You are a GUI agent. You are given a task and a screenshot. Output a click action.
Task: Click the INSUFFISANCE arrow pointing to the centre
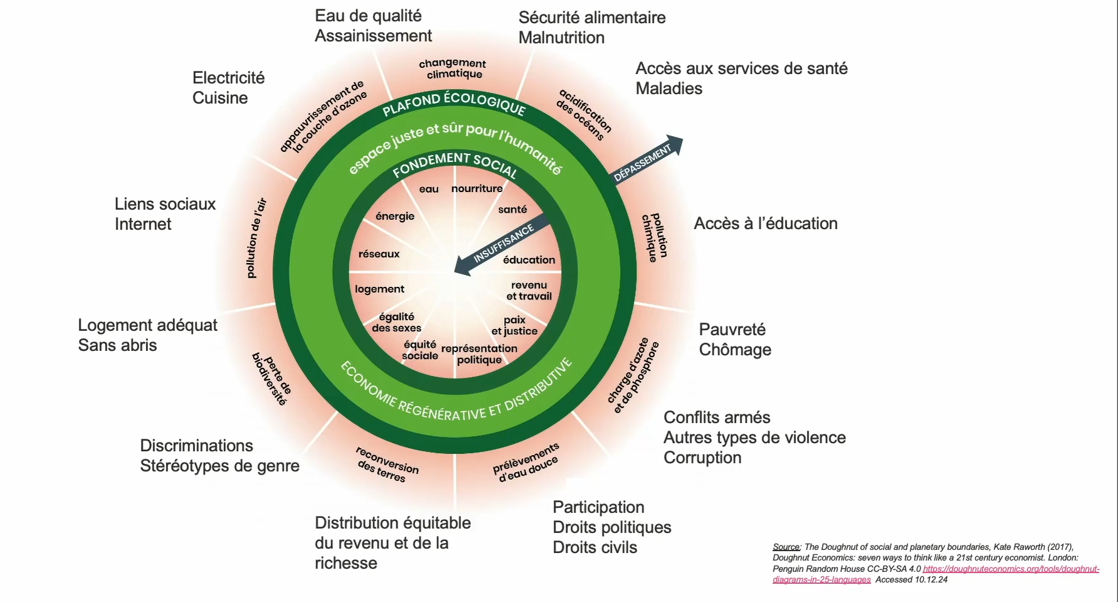tap(502, 245)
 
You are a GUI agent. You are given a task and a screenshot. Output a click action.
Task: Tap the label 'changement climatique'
tap(453, 68)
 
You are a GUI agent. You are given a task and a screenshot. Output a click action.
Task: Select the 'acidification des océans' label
tap(583, 115)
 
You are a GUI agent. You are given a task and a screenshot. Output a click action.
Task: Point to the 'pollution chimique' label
tap(655, 237)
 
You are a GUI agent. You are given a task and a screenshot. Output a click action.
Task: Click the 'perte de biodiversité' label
tap(272, 378)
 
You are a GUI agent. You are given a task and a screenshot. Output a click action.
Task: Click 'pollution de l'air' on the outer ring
tap(256, 239)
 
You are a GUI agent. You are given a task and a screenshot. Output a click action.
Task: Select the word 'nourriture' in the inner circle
tap(477, 188)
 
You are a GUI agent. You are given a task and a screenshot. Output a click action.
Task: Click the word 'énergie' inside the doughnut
tap(394, 216)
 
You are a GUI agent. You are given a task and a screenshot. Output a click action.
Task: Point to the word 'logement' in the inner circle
tap(379, 289)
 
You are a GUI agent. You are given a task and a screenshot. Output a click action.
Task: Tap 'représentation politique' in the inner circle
tap(479, 354)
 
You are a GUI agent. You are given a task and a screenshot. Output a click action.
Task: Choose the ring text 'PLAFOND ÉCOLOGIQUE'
tap(454, 103)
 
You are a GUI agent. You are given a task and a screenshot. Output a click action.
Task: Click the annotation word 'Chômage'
tap(735, 350)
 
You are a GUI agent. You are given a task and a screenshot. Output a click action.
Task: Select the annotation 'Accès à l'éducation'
tap(765, 223)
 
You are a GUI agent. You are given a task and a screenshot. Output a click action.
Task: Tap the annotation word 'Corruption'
tap(702, 458)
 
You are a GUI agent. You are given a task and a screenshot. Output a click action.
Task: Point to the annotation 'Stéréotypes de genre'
tap(219, 466)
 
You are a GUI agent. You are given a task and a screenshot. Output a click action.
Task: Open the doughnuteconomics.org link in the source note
tap(1010, 569)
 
